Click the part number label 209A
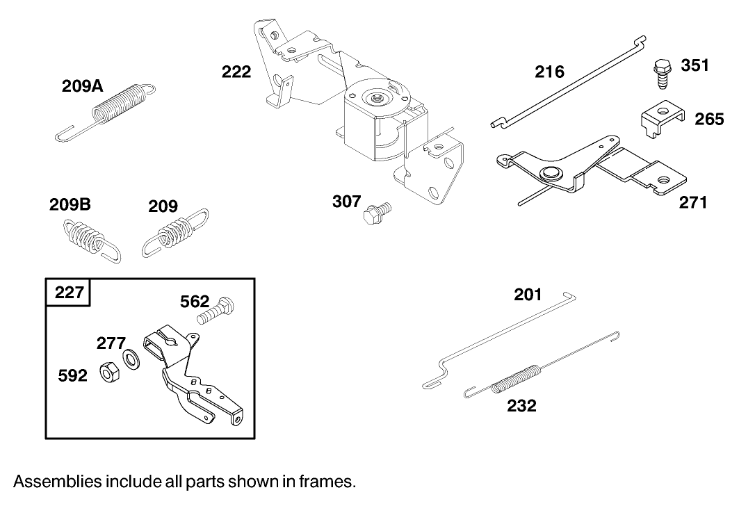coord(82,86)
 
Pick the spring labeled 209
coord(173,233)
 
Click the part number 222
coord(236,72)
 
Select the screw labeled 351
coord(660,73)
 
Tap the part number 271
coord(692,203)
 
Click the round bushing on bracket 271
coord(550,173)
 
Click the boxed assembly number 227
coord(68,292)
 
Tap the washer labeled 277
coord(131,359)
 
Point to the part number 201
coord(528,295)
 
